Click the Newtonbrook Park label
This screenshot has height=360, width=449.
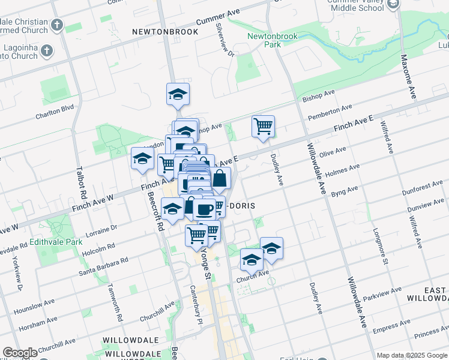[x=264, y=40]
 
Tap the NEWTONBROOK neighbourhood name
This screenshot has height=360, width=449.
[x=165, y=32]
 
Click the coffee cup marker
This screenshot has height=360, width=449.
[x=204, y=209]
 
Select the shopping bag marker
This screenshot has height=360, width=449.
[x=220, y=178]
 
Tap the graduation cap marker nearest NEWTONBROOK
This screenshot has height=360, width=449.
[x=178, y=94]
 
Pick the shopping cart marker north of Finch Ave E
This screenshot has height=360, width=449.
[x=263, y=127]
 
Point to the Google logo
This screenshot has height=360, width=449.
[x=20, y=353]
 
